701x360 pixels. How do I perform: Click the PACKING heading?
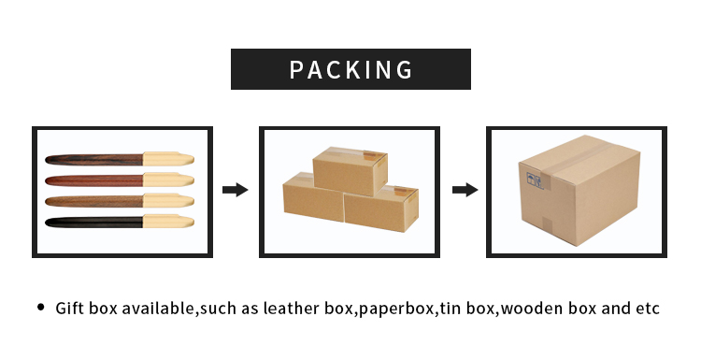[x=350, y=69]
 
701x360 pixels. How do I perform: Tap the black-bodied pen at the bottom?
[x=93, y=222]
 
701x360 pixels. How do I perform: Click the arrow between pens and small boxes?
[x=235, y=190]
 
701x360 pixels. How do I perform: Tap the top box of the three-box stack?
[x=349, y=170]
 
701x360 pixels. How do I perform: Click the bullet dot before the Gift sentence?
[x=40, y=307]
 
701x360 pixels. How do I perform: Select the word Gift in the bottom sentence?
[x=71, y=308]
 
